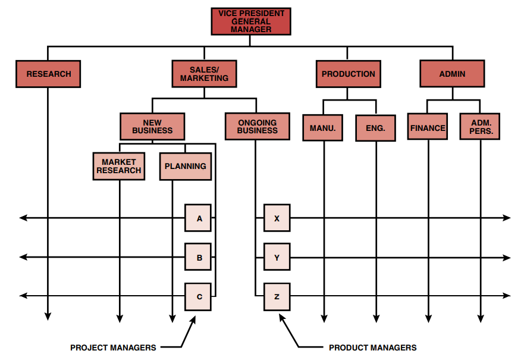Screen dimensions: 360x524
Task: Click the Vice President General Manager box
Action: (x=250, y=21)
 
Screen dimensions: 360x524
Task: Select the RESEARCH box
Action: (x=48, y=74)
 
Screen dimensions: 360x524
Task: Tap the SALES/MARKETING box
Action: (x=204, y=74)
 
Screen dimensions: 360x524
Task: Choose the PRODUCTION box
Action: (x=348, y=74)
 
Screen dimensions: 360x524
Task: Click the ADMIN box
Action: (x=452, y=74)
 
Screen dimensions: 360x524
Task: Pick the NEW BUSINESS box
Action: (x=152, y=127)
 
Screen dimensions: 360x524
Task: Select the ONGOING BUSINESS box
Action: (x=257, y=127)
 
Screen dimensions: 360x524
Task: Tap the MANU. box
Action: (x=322, y=128)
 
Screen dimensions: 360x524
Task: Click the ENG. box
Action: (x=375, y=128)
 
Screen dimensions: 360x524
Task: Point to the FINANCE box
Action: (x=428, y=128)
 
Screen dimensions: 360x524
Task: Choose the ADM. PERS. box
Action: (x=480, y=127)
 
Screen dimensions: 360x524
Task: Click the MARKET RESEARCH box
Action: (x=119, y=166)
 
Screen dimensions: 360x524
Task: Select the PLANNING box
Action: (x=186, y=167)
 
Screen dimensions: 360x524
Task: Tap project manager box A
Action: (x=198, y=218)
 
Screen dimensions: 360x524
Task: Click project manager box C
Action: (x=198, y=296)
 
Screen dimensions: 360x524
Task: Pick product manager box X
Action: (x=277, y=218)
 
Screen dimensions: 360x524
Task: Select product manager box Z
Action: (x=277, y=296)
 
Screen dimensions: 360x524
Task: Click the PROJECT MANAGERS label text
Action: (x=113, y=348)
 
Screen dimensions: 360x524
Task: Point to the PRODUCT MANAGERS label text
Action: (x=373, y=348)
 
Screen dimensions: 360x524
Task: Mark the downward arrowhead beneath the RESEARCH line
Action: (x=48, y=317)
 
